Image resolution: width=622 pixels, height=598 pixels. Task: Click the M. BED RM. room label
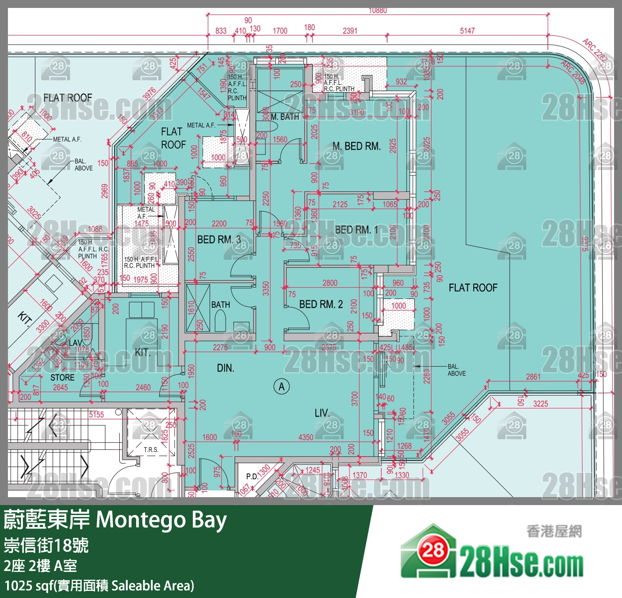(356, 146)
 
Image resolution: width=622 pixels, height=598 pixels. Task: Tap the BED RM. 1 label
(356, 230)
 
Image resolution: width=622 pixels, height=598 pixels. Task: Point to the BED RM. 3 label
(219, 239)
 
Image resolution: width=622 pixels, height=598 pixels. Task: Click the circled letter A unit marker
(282, 386)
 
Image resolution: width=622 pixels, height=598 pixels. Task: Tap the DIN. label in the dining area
(225, 368)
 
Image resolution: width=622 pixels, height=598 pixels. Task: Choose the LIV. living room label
(322, 413)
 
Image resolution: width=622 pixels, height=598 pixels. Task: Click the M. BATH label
(284, 117)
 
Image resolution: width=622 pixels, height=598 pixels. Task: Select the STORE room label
(62, 377)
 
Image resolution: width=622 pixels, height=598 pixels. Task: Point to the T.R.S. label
(151, 449)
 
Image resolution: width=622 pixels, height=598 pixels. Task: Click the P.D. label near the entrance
(251, 476)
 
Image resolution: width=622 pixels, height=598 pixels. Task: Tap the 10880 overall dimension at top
(377, 11)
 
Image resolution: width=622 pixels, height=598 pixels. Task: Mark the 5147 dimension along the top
(467, 31)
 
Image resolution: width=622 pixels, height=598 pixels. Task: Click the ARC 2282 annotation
(595, 50)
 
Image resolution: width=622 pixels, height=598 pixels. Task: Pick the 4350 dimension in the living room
(305, 437)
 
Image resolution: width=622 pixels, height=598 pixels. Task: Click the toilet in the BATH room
(220, 320)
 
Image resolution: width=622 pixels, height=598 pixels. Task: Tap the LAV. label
(75, 343)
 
